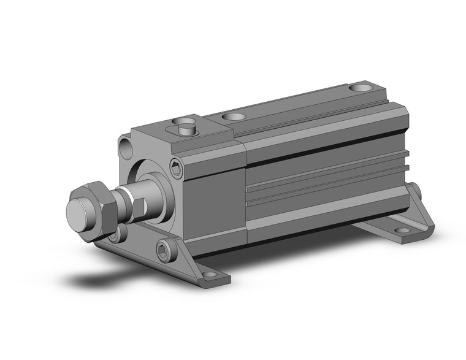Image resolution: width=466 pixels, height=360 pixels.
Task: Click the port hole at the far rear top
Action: (x=361, y=88)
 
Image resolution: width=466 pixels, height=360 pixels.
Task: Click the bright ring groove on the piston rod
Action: (x=126, y=196)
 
